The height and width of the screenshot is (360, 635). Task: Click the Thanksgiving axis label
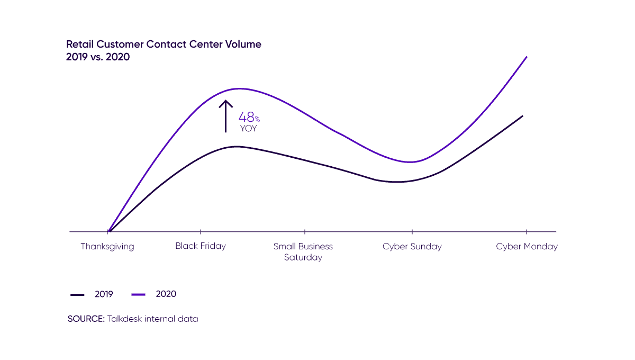[x=107, y=246]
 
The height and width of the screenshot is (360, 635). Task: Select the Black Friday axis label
[x=201, y=246]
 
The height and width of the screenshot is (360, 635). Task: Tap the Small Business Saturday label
[x=303, y=252]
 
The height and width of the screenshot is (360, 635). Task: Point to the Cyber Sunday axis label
[x=412, y=246]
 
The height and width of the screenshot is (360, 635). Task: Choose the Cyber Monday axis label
[x=527, y=246]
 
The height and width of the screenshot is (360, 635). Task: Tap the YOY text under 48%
[x=248, y=129]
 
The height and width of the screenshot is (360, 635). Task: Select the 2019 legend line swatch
[x=78, y=294]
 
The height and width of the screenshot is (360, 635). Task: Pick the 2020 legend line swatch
[x=138, y=294]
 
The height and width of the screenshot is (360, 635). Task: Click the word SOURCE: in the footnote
[x=86, y=319]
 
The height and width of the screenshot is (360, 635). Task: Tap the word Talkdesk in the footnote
[x=125, y=319]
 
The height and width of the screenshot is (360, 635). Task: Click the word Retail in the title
[x=79, y=44]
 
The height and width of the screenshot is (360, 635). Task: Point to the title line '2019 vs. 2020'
[x=98, y=57]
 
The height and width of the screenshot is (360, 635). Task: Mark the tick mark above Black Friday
[x=201, y=231]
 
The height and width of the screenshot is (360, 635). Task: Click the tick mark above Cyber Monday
[x=527, y=231]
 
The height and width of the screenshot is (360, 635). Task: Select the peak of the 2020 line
[x=239, y=88]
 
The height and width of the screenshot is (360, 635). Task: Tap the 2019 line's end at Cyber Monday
[x=523, y=115]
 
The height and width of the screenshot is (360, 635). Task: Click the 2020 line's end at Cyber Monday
[x=527, y=56]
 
